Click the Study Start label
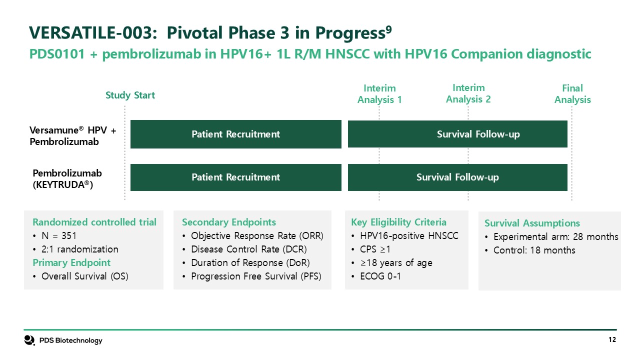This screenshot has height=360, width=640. (x=130, y=95)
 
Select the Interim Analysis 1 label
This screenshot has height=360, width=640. (x=379, y=94)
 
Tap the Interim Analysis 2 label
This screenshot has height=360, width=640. (x=468, y=93)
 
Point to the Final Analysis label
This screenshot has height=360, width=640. (x=572, y=94)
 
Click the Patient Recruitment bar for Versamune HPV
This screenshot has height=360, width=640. (x=235, y=134)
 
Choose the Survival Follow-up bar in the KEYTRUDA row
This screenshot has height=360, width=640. (x=457, y=177)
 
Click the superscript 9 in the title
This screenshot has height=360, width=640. (x=388, y=29)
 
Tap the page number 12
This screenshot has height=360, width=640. (x=612, y=339)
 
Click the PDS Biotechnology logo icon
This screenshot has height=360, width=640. (x=29, y=340)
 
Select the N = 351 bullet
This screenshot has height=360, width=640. (x=54, y=236)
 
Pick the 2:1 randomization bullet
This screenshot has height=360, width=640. (x=75, y=249)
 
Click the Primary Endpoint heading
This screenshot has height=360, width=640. (x=71, y=262)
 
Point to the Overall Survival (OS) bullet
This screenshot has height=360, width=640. (x=80, y=276)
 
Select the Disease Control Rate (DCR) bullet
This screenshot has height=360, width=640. (x=244, y=249)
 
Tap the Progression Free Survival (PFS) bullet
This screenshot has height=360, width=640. (x=251, y=276)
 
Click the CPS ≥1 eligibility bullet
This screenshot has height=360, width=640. (x=371, y=249)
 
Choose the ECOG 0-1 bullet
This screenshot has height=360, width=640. (x=376, y=276)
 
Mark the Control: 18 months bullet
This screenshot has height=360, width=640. (x=530, y=250)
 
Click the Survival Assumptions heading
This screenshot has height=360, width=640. (x=532, y=223)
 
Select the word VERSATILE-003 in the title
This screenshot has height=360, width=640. (x=93, y=32)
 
